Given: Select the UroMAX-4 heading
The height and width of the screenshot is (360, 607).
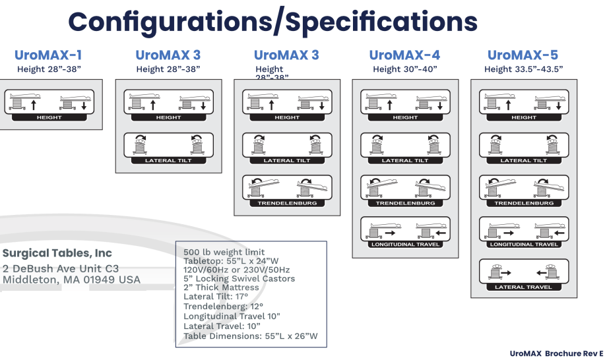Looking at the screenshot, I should (x=405, y=55).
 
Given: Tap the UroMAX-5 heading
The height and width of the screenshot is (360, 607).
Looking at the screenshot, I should (x=523, y=55).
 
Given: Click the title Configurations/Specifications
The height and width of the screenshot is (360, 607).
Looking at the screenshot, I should (x=272, y=22).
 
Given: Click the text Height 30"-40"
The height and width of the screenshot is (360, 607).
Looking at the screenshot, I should (x=405, y=69).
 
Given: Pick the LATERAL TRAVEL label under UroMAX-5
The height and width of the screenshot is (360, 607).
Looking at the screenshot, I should (x=523, y=287).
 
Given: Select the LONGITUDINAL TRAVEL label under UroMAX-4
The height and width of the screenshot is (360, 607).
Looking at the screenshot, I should (x=405, y=245).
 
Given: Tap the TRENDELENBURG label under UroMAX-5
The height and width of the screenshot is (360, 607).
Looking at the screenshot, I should (x=523, y=203).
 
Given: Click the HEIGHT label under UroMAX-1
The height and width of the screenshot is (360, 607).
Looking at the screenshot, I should (x=49, y=117).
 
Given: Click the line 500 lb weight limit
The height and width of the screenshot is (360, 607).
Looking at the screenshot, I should (x=224, y=252).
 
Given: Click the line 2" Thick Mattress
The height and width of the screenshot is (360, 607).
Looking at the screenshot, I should (x=221, y=287).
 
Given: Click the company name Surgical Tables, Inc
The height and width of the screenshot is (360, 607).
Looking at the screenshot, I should (x=57, y=253).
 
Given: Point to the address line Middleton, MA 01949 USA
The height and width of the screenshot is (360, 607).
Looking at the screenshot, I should (x=71, y=280).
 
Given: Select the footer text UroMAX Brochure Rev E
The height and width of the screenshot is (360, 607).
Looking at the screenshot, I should (x=556, y=354).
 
